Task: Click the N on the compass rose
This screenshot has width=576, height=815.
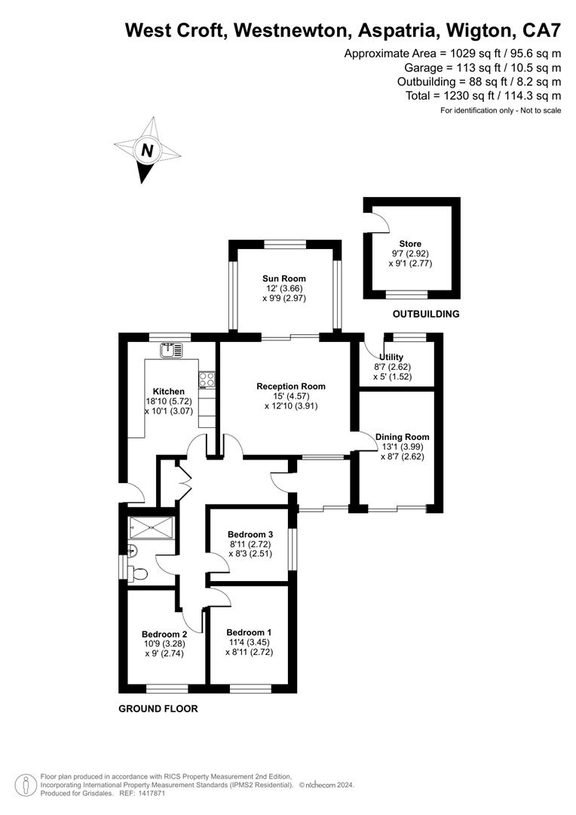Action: [148, 151]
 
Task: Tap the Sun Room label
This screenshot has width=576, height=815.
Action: [284, 278]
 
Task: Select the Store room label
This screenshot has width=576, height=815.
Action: [410, 244]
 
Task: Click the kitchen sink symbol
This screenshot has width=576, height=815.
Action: [171, 350]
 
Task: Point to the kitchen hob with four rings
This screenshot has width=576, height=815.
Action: [207, 380]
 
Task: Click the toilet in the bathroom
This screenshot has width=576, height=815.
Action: [138, 574]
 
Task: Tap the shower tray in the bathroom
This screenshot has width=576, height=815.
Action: [152, 527]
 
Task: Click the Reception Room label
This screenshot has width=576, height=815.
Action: [291, 386]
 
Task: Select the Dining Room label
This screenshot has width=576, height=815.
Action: [402, 437]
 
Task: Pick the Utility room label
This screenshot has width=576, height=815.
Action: [391, 357]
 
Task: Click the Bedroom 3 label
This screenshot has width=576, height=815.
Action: [250, 534]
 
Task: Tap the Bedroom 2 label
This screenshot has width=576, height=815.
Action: [164, 634]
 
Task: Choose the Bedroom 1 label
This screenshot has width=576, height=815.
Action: [249, 632]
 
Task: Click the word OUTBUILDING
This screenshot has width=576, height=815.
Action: [426, 314]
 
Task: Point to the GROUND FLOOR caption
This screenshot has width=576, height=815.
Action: [158, 709]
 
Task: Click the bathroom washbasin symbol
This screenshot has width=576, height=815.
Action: [132, 550]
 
